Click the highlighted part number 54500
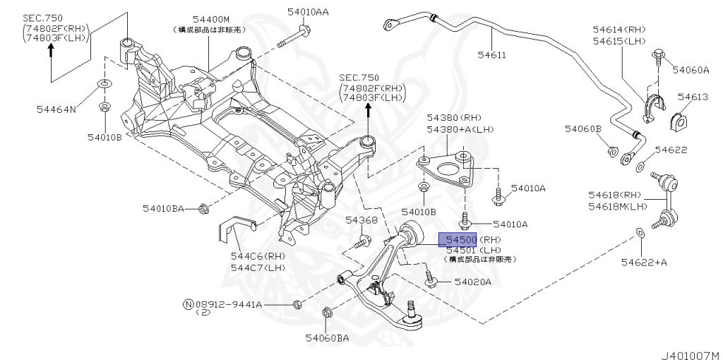click(458, 240)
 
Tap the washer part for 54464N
click(103, 85)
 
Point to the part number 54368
click(361, 221)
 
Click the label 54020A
click(472, 282)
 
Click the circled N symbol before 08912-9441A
click(188, 305)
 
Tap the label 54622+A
click(644, 263)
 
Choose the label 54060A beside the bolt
click(690, 70)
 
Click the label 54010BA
click(163, 208)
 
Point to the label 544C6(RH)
click(257, 256)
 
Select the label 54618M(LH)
click(618, 206)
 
